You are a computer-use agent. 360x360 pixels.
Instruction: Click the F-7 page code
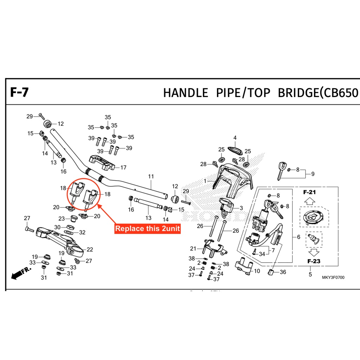tap(19, 92)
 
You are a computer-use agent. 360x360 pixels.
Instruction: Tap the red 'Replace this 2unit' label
tap(148, 229)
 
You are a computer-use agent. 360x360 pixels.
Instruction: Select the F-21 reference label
tap(310, 192)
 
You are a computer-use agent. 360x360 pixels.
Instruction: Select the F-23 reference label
tap(310, 261)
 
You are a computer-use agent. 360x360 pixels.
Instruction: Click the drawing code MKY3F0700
tap(333, 278)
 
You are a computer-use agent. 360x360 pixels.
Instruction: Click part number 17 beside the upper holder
tap(123, 168)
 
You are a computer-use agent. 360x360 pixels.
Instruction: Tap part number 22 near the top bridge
tap(90, 250)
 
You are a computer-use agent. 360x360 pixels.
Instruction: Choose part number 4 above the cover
tap(235, 137)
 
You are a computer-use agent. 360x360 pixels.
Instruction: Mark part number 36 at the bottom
tap(283, 272)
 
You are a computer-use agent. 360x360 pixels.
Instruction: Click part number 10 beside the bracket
tap(257, 271)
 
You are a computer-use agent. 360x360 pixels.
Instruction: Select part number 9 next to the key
tap(313, 173)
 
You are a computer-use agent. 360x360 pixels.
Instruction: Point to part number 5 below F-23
tap(310, 275)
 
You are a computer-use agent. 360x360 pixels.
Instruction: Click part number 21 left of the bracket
tap(193, 249)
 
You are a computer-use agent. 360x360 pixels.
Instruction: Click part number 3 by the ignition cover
tap(241, 208)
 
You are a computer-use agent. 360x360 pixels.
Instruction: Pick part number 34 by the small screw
tap(262, 254)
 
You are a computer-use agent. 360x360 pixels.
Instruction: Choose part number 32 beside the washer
tap(82, 232)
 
